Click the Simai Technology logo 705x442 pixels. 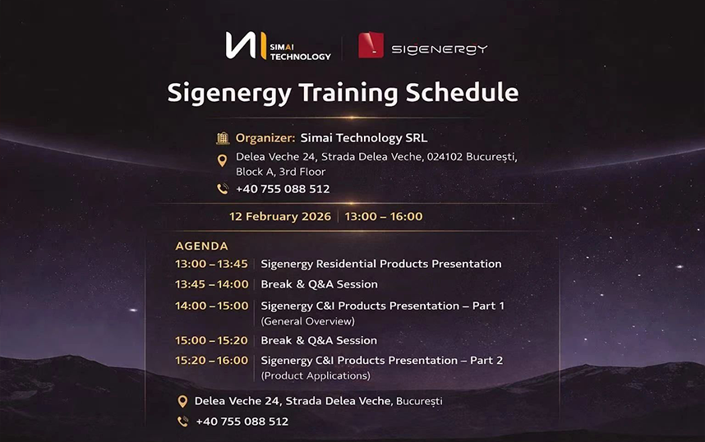tap(278, 46)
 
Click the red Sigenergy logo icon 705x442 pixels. tap(371, 46)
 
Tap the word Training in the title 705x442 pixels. tap(344, 92)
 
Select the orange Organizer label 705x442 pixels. tap(265, 138)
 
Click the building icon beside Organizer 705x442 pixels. tap(222, 138)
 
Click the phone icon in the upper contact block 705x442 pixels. tap(222, 189)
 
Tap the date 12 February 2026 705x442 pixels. tap(280, 216)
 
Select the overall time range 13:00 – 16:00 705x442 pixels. tap(384, 216)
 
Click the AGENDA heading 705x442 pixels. tap(201, 246)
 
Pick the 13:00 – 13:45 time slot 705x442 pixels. tap(211, 264)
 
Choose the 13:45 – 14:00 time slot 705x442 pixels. tap(211, 284)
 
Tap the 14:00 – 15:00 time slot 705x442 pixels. tap(211, 306)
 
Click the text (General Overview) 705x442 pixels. tap(308, 321)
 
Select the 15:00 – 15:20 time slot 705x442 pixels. tap(211, 340)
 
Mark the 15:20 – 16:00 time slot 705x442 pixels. tap(211, 360)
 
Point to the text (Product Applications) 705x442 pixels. tap(316, 375)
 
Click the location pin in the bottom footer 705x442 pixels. tap(182, 402)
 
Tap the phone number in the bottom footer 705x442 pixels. tap(242, 421)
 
